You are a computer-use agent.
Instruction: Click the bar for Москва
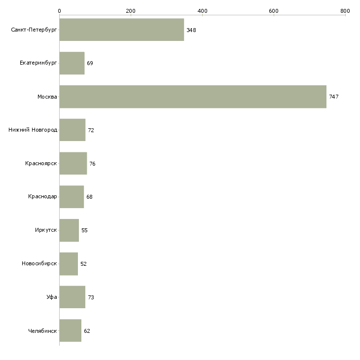point(193,97)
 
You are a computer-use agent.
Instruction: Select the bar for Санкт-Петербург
point(121,30)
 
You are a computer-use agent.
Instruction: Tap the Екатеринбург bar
point(72,63)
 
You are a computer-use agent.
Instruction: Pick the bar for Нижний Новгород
point(72,130)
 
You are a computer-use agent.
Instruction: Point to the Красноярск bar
point(73,164)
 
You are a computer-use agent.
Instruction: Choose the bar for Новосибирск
point(69,264)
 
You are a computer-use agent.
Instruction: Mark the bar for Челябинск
point(71,331)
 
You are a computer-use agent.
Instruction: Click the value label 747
point(334,97)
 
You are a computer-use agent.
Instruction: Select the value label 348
point(191,31)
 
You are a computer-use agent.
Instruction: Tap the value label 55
point(84,231)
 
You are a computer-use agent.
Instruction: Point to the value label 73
point(91,297)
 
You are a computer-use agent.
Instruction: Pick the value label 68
point(89,197)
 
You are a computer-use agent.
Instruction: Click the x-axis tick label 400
point(202,10)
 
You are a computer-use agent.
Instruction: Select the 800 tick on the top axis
point(345,10)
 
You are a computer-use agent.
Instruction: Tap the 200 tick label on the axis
point(131,10)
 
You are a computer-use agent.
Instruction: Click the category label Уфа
point(52,297)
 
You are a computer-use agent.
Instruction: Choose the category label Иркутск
point(46,230)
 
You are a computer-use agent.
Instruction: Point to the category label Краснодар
point(42,197)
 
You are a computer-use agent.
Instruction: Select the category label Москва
point(47,97)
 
